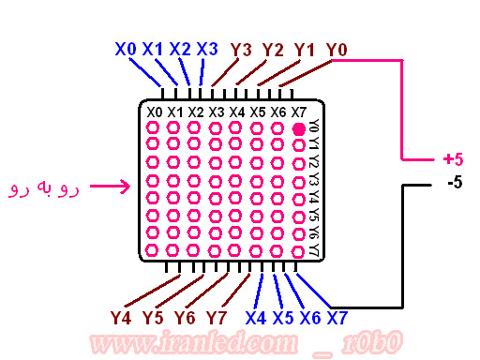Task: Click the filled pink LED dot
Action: tap(299, 129)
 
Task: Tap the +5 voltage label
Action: tap(453, 159)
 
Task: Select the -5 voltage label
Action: tap(455, 182)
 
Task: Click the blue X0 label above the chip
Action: tap(126, 49)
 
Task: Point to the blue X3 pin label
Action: tap(207, 49)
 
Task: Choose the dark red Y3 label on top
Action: tap(241, 50)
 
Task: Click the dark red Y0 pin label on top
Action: tap(337, 50)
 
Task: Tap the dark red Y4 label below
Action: tap(121, 318)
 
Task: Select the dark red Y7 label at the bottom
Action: tap(217, 318)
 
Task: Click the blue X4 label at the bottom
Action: tap(256, 318)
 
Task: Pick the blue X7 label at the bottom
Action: tap(337, 318)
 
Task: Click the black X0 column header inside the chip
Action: tap(155, 112)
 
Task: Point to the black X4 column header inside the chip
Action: tap(237, 112)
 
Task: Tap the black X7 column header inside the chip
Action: tap(299, 112)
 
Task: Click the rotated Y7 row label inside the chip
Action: tap(314, 250)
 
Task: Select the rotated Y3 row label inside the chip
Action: tap(314, 180)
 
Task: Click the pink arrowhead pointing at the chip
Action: tap(126, 187)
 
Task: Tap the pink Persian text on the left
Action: tap(44, 187)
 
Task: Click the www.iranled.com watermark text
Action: tap(194, 343)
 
